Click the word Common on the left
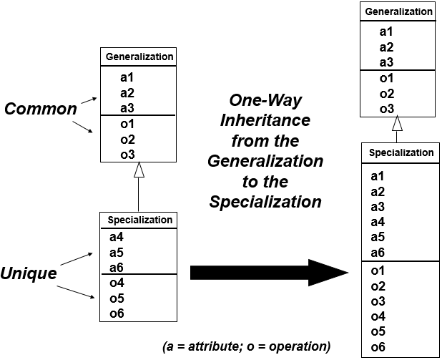click(40, 109)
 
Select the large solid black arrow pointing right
click(268, 273)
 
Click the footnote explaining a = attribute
click(247, 346)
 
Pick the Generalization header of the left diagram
click(139, 56)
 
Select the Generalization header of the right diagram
click(398, 11)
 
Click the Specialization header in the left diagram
click(139, 220)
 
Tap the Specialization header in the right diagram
click(401, 152)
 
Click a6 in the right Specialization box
click(378, 253)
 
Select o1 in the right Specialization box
click(378, 271)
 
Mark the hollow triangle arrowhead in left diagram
click(140, 169)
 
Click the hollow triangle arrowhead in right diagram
click(398, 123)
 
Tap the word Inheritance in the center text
click(265, 120)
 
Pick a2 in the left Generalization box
click(127, 92)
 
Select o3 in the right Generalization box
click(387, 108)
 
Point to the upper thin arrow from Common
click(89, 102)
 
